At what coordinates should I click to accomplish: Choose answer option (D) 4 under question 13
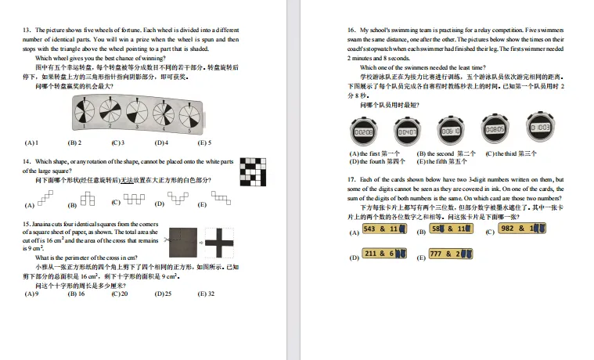[x=161, y=143]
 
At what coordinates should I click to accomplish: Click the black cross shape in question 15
[x=221, y=243]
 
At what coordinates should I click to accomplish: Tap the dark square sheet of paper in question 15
[x=185, y=243]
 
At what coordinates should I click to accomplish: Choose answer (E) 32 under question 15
[x=207, y=293]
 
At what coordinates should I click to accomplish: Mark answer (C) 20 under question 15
[x=119, y=293]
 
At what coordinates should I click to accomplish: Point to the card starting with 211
[x=386, y=254]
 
